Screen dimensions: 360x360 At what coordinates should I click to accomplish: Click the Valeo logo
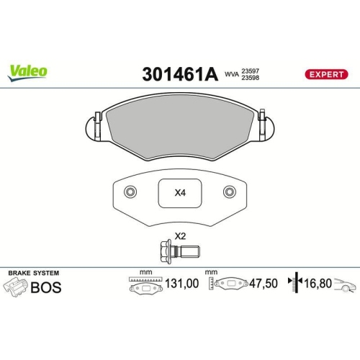28,71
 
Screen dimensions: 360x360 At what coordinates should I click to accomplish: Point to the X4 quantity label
180,193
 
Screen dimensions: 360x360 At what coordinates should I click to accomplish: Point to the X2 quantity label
180,237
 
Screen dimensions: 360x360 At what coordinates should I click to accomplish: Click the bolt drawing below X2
179,251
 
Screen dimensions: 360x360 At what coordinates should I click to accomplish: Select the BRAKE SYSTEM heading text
33,274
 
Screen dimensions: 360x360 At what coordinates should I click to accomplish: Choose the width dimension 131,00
181,284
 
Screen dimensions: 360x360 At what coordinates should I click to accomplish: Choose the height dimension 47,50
262,284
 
